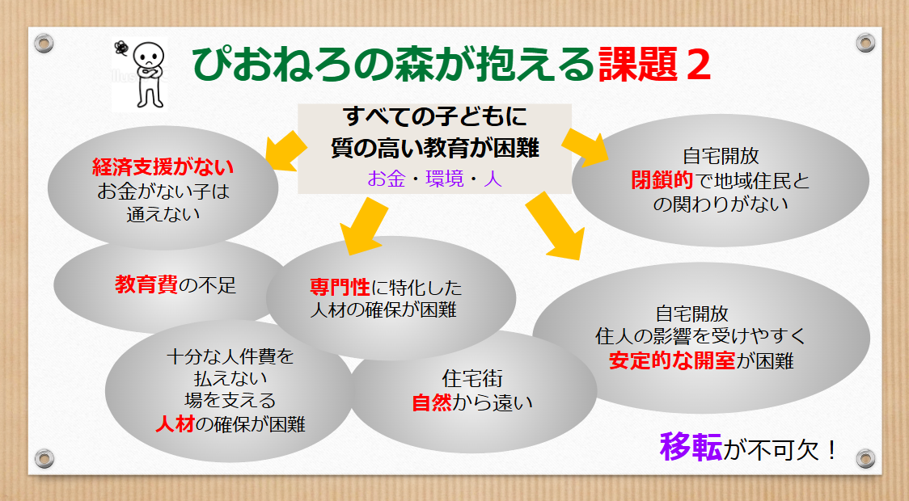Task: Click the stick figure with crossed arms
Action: tap(149, 74)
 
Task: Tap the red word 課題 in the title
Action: tap(638, 64)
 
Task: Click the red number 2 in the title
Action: tap(698, 65)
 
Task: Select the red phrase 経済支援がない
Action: tap(163, 166)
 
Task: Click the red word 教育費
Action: tap(146, 284)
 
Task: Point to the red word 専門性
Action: tap(340, 288)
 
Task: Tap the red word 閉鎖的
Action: tap(662, 180)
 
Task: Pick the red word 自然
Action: tap(432, 402)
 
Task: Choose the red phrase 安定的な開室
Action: tap(672, 361)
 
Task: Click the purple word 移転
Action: tap(691, 447)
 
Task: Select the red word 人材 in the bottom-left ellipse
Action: tap(175, 424)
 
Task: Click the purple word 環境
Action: tap(445, 179)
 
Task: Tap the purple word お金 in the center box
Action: tap(386, 179)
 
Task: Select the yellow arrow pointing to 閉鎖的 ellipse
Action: tap(585, 147)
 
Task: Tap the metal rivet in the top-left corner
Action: tap(44, 43)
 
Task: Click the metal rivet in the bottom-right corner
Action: tap(865, 458)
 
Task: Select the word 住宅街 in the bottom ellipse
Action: tap(472, 378)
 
